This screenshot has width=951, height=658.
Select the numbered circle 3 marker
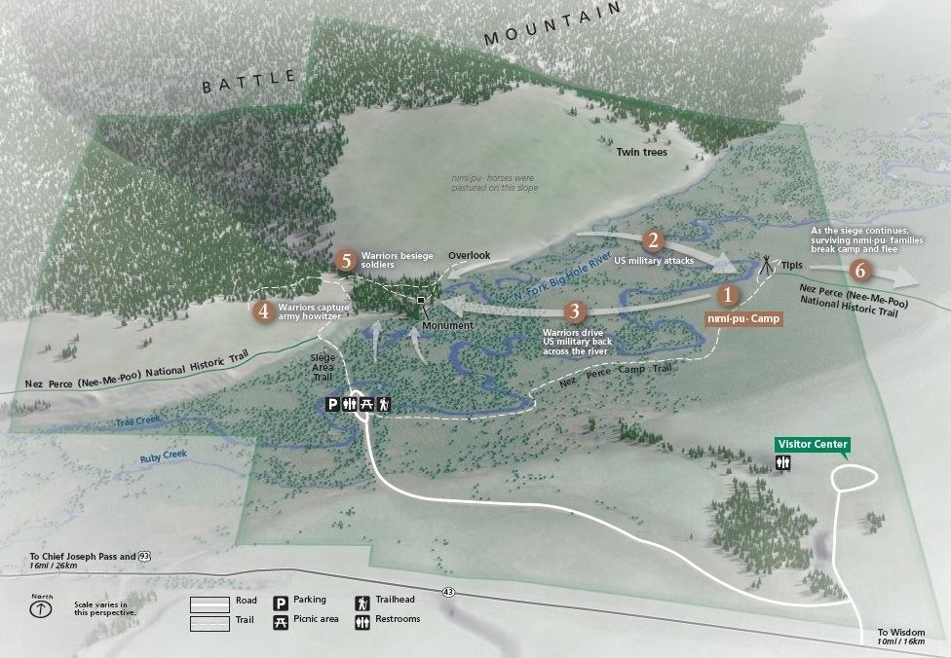coord(575,312)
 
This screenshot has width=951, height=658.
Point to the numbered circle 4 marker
coord(263,311)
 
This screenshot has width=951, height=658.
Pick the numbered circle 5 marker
coord(345,261)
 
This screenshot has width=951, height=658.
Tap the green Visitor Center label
coord(812,445)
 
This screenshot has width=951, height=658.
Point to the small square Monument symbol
coord(421,300)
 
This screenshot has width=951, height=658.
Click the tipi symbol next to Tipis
coord(768,263)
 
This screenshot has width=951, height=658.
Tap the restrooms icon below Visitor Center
coord(782,464)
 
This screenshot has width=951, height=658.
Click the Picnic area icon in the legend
coord(281,620)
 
